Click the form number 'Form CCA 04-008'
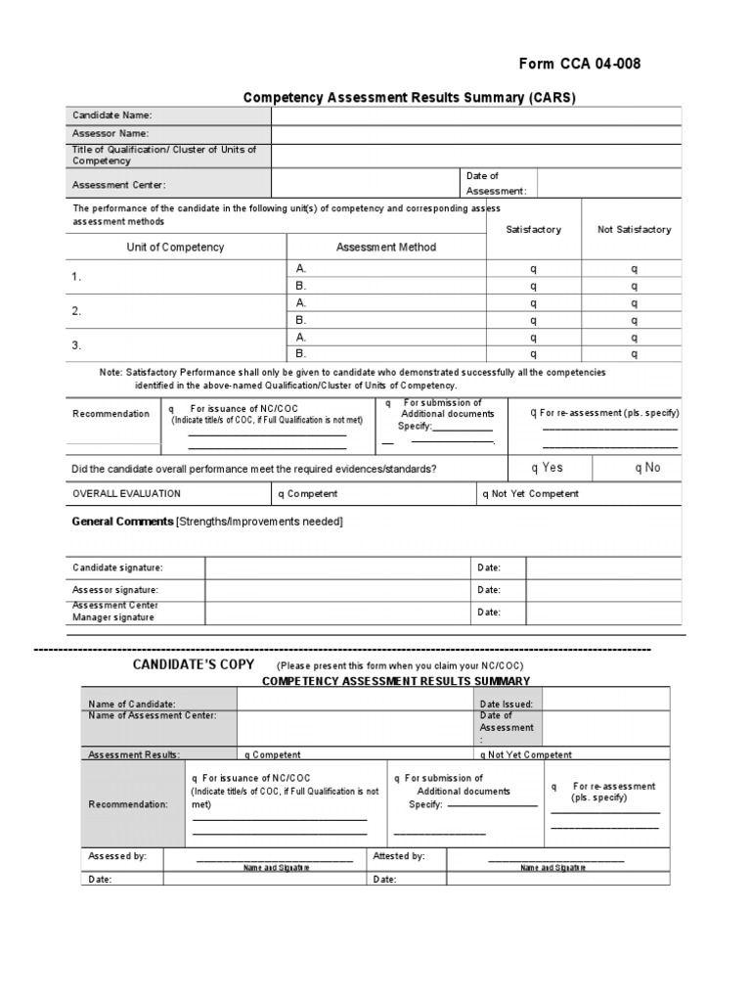click(580, 65)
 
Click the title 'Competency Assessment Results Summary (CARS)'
click(409, 97)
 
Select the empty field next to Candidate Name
click(476, 115)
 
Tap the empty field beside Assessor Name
click(476, 133)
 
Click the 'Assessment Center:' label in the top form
click(119, 184)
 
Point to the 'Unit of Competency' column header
click(175, 248)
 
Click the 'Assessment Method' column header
click(386, 248)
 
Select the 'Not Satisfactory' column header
click(634, 230)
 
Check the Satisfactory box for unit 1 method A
click(534, 268)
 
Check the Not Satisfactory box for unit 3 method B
click(634, 354)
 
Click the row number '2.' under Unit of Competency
click(76, 311)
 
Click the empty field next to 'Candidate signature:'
click(338, 569)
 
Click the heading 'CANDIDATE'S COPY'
click(194, 664)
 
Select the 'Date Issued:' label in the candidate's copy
click(506, 704)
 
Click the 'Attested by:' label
click(399, 856)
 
